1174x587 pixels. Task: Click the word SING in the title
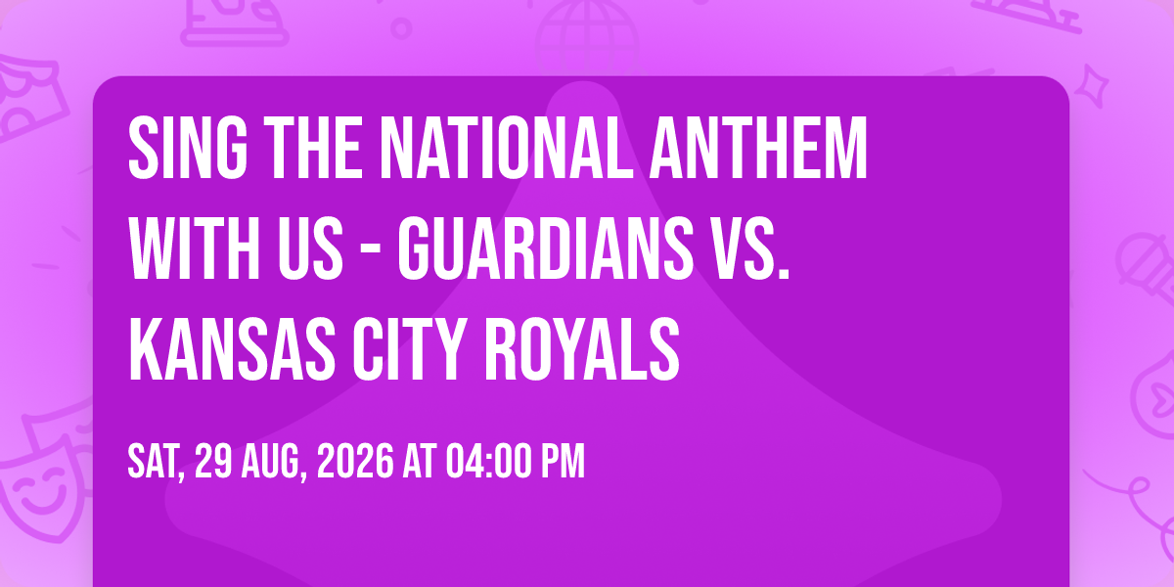pyautogui.click(x=188, y=148)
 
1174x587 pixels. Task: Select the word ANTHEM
pyautogui.click(x=758, y=148)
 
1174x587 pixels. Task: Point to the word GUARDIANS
pyautogui.click(x=546, y=248)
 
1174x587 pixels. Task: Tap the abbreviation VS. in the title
pyautogui.click(x=749, y=248)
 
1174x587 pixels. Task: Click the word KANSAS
pyautogui.click(x=232, y=348)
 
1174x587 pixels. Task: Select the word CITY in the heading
pyautogui.click(x=409, y=348)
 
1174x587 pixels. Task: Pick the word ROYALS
pyautogui.click(x=582, y=348)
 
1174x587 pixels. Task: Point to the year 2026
pyautogui.click(x=355, y=461)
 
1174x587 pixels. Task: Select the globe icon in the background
pyautogui.click(x=587, y=34)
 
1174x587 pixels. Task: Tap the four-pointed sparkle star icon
pyautogui.click(x=1091, y=85)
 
